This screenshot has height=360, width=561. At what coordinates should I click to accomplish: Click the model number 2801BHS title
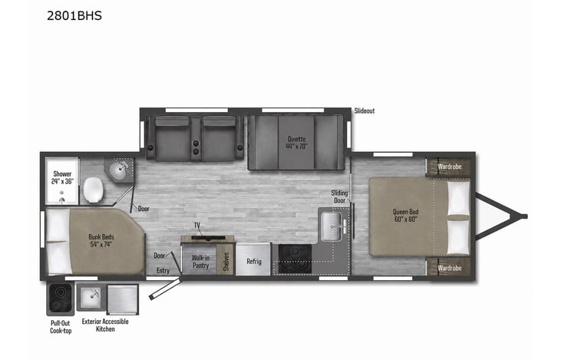coord(74,16)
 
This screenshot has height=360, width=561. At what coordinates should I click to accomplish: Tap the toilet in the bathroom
coord(94,190)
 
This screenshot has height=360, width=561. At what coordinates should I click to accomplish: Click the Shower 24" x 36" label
coord(62,177)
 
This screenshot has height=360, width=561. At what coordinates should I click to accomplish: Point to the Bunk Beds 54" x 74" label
coord(101,240)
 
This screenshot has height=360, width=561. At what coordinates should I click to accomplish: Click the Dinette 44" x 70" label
coord(296,143)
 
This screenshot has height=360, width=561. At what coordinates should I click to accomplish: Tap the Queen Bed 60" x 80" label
coord(406,216)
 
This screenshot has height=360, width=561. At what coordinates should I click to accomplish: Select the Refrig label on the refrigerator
coord(254,261)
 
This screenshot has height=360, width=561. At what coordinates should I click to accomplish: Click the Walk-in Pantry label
coord(200,262)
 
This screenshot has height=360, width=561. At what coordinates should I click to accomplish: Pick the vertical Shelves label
coord(226,262)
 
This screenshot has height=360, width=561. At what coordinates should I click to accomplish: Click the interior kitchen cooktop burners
coord(295,259)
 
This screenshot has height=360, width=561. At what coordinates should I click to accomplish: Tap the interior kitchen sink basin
coord(332,226)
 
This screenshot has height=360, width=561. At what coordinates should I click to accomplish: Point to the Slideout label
coord(365,111)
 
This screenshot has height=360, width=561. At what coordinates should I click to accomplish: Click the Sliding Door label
coord(339,197)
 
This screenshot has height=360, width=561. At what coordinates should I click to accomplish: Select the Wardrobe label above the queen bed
coord(450,167)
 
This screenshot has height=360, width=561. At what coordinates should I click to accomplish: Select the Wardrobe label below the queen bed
coord(450,268)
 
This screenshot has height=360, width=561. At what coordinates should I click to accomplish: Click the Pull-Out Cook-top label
coord(61,327)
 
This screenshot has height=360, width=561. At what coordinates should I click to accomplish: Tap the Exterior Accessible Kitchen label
coord(105,325)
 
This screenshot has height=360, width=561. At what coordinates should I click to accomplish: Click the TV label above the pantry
coord(196,225)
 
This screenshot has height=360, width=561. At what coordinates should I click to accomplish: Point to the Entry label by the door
coord(163,270)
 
